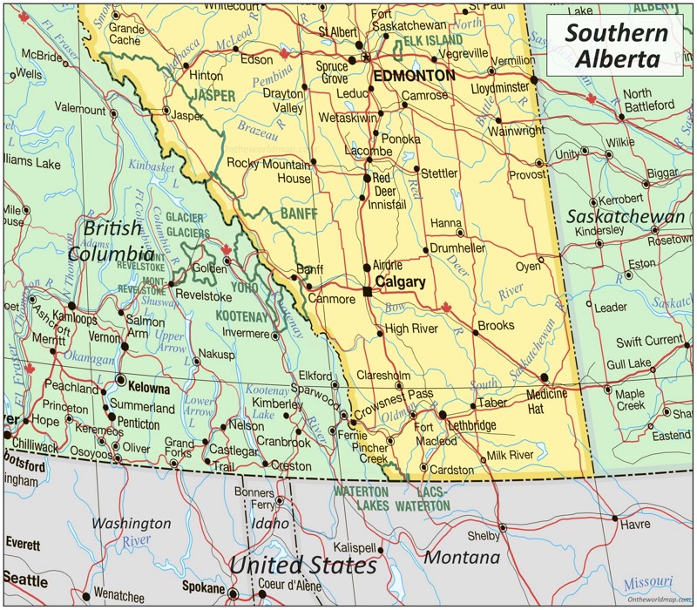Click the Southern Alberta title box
pos(616,44)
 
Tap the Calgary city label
pos(400,282)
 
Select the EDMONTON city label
pos(414,76)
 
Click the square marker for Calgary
pos(368,290)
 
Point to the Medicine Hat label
pos(546,401)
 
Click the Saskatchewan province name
pos(626,216)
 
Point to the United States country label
pos(302,565)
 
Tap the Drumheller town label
pos(457,248)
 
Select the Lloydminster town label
pos(499,88)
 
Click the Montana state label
pos(461,557)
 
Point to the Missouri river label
pos(648,583)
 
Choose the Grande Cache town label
pos(126,34)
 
